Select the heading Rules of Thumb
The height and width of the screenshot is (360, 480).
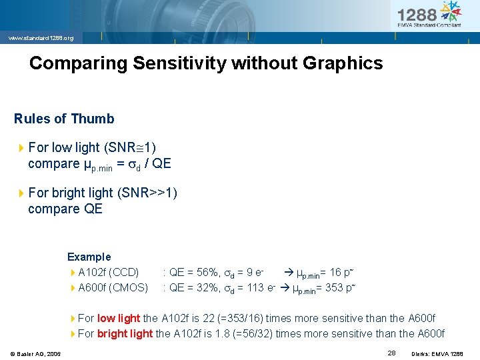(x=64, y=119)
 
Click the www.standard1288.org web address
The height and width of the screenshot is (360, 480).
(x=41, y=38)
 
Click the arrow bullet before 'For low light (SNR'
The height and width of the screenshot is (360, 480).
(x=21, y=147)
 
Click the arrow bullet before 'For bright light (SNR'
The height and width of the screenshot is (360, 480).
(x=21, y=193)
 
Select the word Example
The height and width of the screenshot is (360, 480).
(x=89, y=257)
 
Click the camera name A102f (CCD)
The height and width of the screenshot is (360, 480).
(x=108, y=272)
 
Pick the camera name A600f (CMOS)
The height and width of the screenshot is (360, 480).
(x=113, y=287)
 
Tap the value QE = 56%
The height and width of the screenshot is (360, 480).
(x=191, y=272)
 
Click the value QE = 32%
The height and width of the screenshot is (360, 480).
(x=191, y=287)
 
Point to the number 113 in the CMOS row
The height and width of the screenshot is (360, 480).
(x=255, y=287)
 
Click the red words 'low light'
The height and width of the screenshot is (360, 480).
(x=119, y=318)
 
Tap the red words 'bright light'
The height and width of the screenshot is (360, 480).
(x=125, y=333)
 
